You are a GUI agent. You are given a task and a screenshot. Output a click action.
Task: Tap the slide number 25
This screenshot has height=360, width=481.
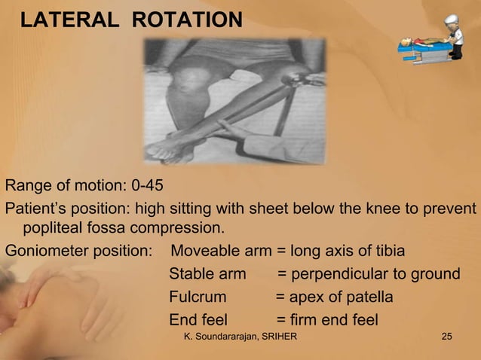447,346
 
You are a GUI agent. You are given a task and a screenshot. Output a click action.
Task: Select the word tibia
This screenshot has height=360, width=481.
388,251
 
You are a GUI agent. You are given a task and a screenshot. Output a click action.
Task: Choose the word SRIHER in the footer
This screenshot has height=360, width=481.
280,346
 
